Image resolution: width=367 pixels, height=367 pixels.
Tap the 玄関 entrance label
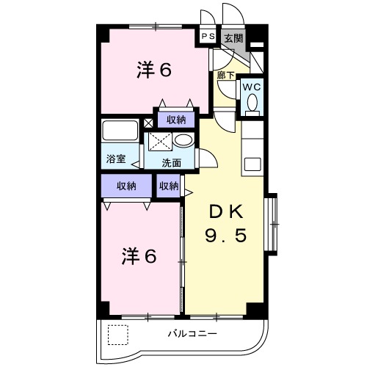(x=232, y=37)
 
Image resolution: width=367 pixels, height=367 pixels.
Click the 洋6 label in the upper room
(x=153, y=70)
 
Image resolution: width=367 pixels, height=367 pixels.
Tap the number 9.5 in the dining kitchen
(x=224, y=237)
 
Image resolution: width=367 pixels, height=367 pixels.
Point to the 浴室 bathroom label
(x=115, y=158)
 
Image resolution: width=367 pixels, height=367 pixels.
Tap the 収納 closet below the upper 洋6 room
(x=175, y=120)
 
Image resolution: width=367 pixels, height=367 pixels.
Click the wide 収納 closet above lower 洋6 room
(x=126, y=186)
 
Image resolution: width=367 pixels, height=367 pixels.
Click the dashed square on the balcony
(x=117, y=335)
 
